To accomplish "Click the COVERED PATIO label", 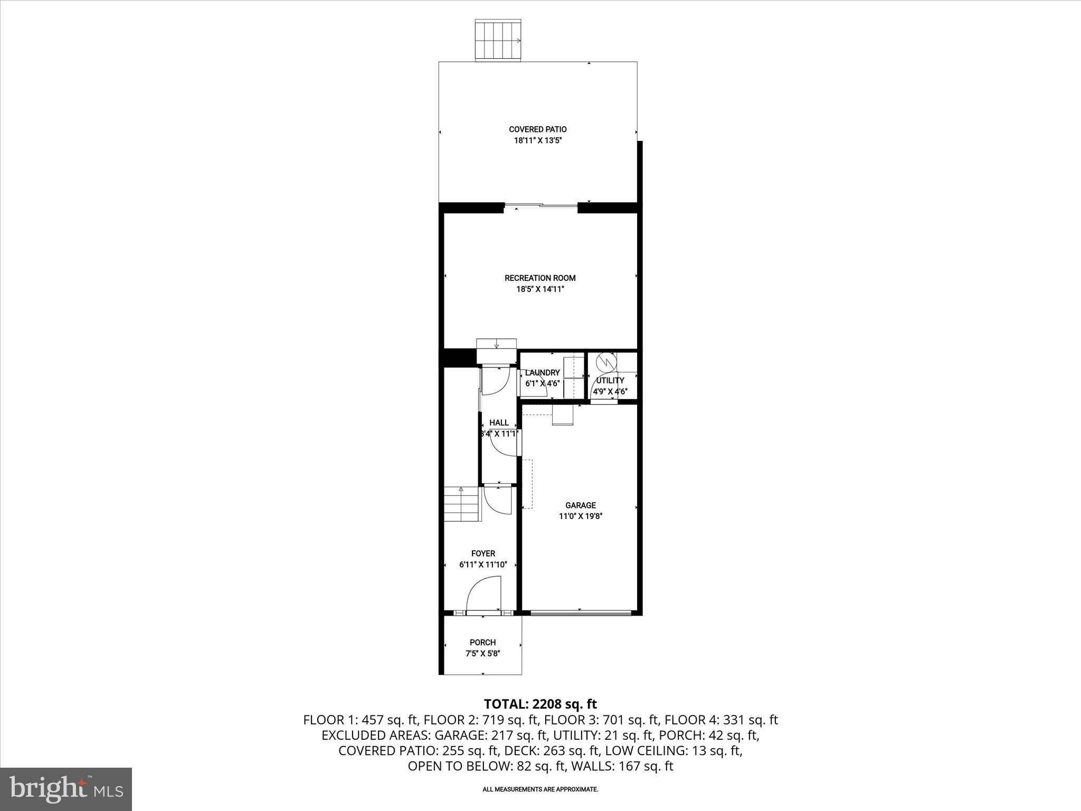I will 537,129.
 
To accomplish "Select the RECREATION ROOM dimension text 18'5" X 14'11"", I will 540,289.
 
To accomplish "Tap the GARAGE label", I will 581,505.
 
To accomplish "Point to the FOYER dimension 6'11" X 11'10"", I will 483,564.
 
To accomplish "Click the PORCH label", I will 482,643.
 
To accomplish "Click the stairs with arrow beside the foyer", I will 462,504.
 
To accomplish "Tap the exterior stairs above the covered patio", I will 498,40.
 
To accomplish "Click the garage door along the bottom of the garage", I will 581,613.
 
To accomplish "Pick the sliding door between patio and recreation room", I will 540,206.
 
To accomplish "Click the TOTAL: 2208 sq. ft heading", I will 540,704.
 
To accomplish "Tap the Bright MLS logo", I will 67,789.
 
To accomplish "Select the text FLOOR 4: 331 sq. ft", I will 721,720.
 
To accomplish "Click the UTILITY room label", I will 610,380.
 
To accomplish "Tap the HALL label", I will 499,422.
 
